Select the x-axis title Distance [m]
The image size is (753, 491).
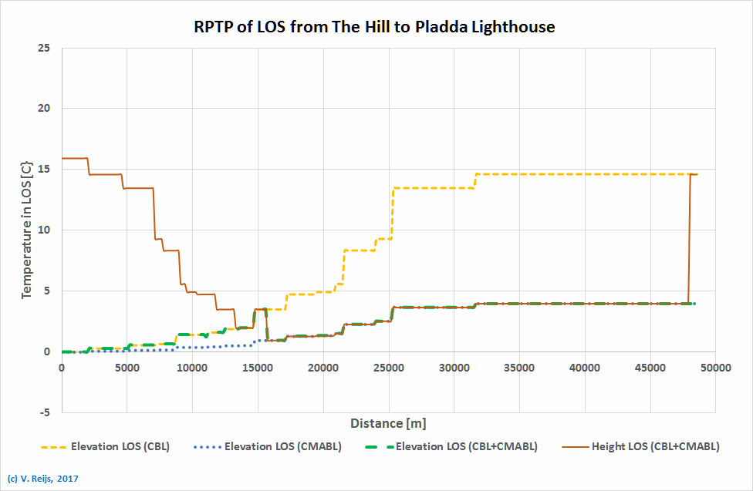[388, 423]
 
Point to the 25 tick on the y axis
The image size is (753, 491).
[44, 48]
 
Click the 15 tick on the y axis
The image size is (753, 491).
[44, 170]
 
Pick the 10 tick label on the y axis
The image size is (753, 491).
[44, 230]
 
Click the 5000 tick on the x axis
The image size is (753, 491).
[127, 368]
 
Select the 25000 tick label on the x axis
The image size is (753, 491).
[388, 368]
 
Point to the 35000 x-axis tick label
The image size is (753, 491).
[518, 368]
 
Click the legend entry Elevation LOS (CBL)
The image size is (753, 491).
[120, 446]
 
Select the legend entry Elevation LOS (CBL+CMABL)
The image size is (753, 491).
[466, 446]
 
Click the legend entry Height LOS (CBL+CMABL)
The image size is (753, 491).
[655, 446]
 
